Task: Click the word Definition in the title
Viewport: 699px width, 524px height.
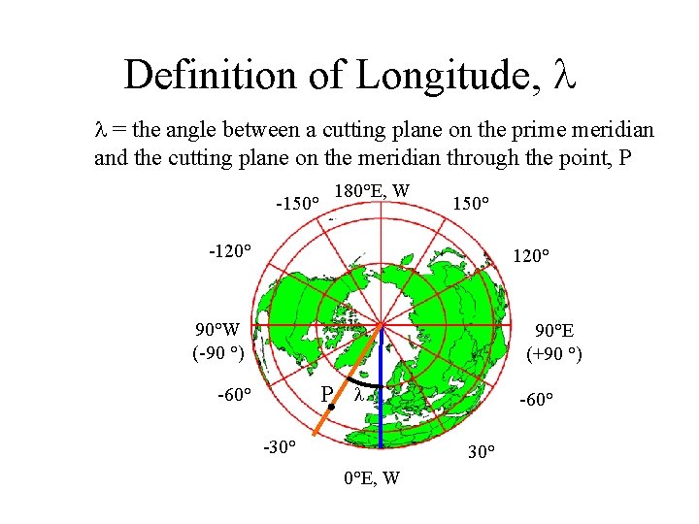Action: point(200,75)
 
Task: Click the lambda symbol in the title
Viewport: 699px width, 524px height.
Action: point(564,75)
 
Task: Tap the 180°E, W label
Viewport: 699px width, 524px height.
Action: point(372,191)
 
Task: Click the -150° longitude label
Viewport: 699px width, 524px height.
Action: point(297,204)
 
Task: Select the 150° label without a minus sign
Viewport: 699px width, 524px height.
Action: point(471,204)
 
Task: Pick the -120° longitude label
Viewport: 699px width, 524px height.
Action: point(231,251)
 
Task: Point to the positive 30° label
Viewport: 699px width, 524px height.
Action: point(482,452)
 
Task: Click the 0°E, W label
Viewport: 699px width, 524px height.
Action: point(374,476)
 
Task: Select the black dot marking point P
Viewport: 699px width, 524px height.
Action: point(331,410)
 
